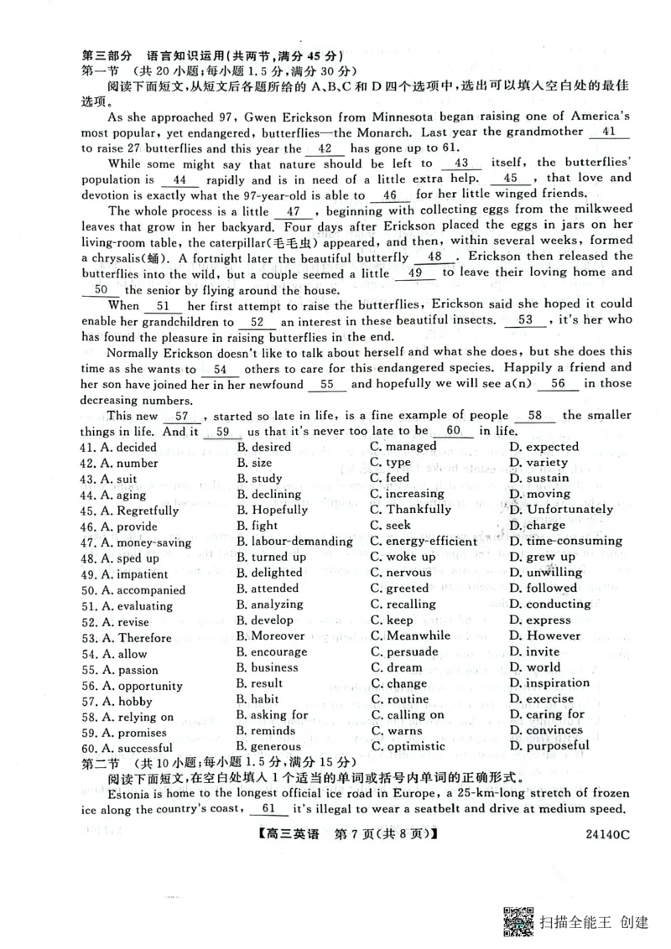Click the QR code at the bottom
tap(519, 920)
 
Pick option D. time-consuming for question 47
tap(565, 542)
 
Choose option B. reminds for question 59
tap(266, 731)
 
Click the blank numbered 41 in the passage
tap(609, 132)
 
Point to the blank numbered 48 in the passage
tap(435, 257)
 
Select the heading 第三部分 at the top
tap(104, 55)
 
